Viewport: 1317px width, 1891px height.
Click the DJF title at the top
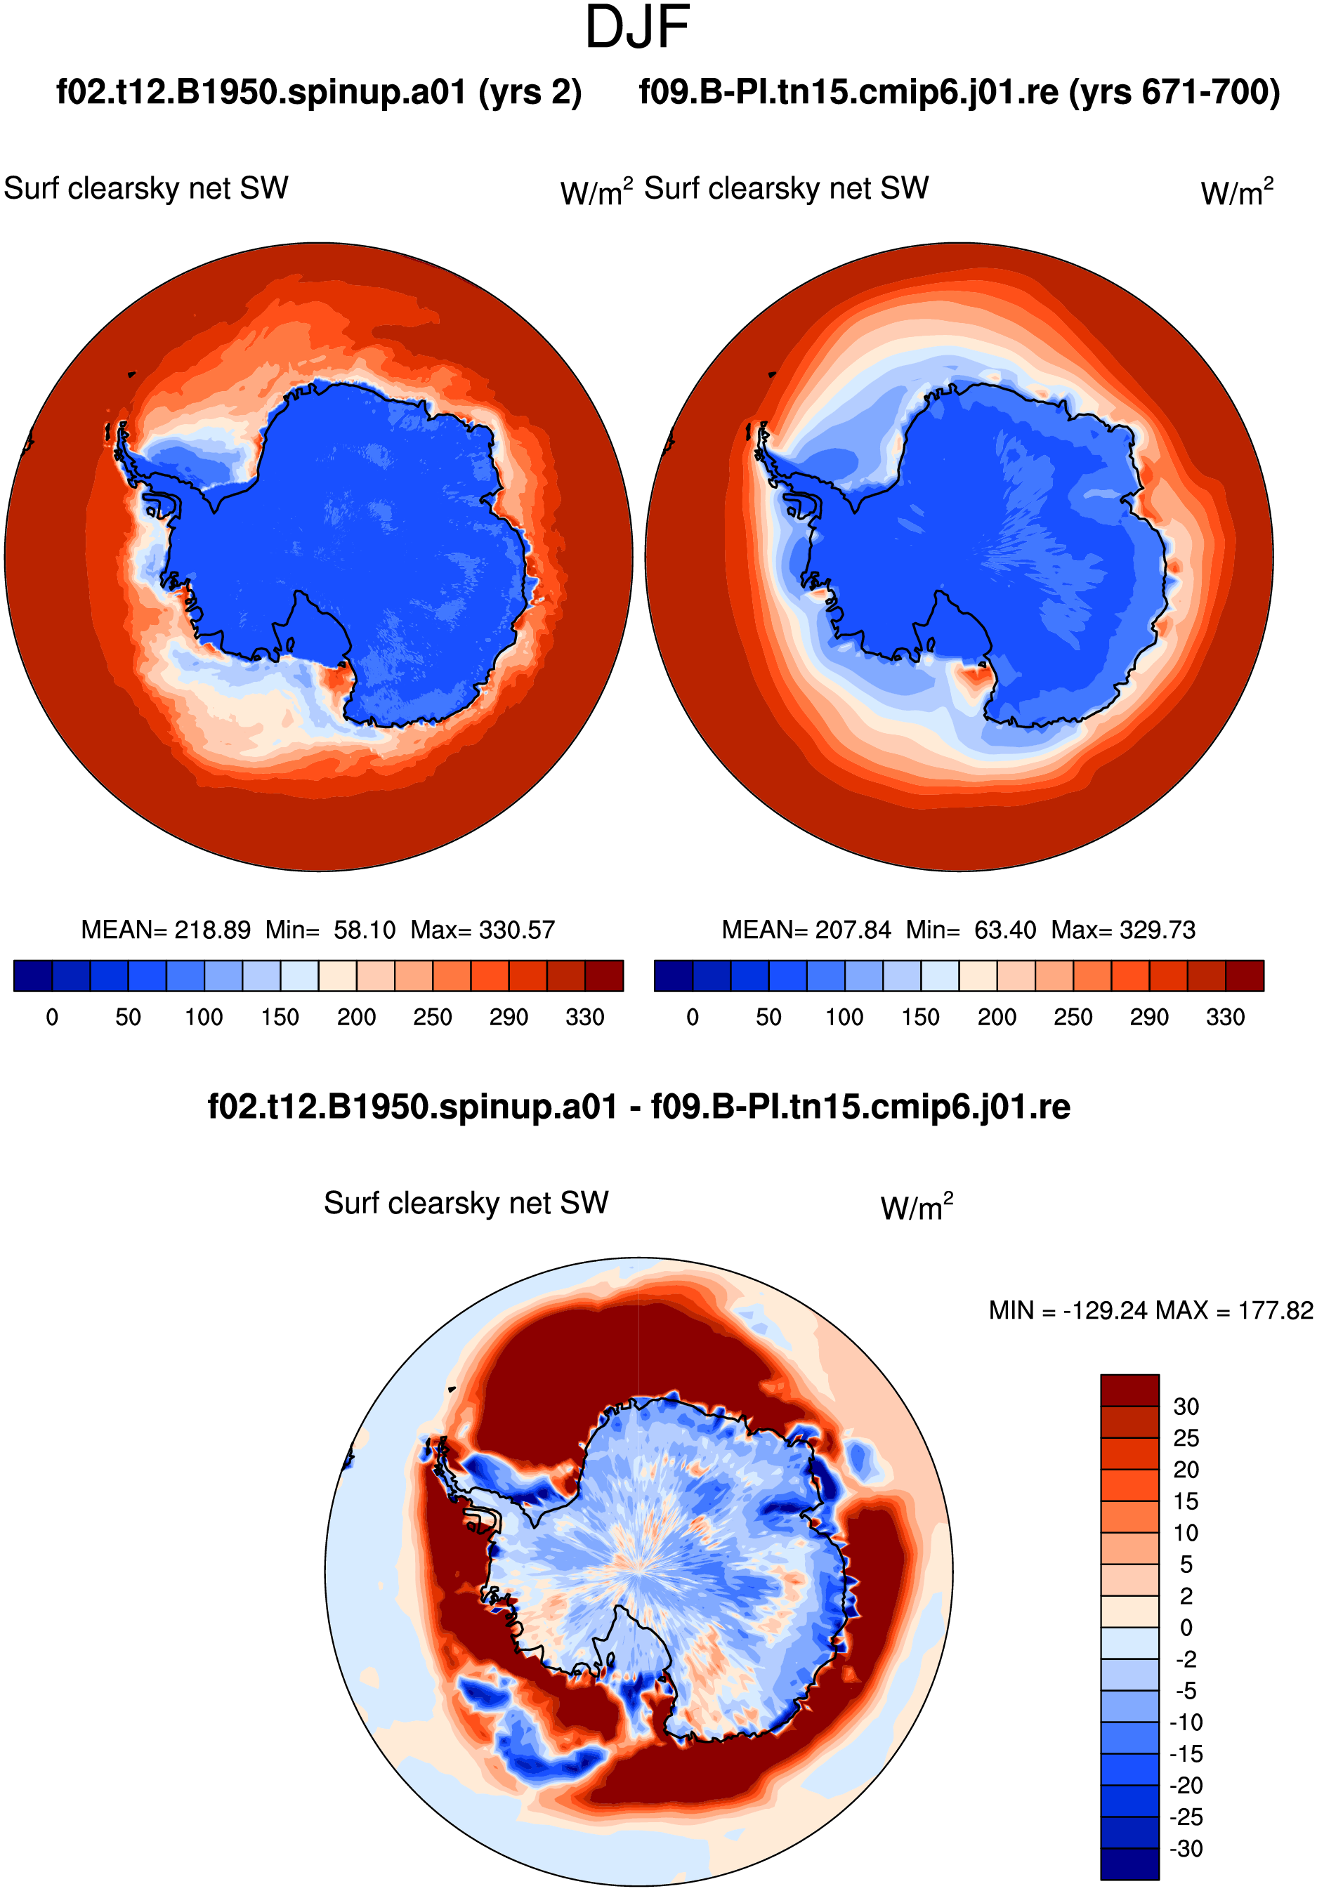[x=636, y=27]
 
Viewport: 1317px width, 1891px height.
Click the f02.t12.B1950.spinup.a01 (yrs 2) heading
[x=319, y=92]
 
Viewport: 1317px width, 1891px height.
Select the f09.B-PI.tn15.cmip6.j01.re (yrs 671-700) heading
[x=959, y=92]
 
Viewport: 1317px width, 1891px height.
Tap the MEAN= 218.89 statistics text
[x=166, y=930]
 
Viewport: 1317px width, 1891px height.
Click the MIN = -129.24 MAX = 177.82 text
[x=1151, y=1310]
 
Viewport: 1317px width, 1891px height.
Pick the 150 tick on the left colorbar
[x=280, y=1017]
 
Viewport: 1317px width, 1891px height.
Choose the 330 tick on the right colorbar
[x=1226, y=1017]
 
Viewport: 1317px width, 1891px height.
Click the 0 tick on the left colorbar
[x=52, y=1017]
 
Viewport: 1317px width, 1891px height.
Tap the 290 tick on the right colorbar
[x=1149, y=1017]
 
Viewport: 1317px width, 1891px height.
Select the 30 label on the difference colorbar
[x=1186, y=1406]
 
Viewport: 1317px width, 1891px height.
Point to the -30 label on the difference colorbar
[x=1186, y=1848]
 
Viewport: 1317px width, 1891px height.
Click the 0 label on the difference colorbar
[x=1186, y=1628]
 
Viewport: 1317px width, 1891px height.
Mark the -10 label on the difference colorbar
[x=1186, y=1722]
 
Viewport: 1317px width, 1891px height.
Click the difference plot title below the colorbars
[x=639, y=1107]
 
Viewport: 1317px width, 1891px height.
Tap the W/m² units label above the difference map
[x=917, y=1206]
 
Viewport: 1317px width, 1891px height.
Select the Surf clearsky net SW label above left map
[x=146, y=189]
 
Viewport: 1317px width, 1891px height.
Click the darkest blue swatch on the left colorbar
[x=33, y=975]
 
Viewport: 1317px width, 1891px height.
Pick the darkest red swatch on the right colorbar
[x=1245, y=975]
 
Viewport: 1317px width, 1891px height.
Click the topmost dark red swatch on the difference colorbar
[x=1129, y=1390]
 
